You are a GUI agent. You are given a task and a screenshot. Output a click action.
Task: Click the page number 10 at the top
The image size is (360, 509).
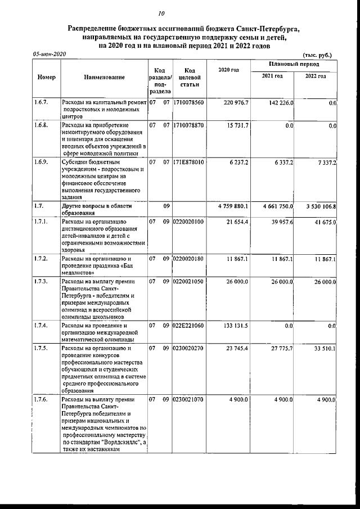161,13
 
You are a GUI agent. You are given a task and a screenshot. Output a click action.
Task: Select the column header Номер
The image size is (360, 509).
46,77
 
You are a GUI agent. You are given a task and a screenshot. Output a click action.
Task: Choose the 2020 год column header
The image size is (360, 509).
229,69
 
